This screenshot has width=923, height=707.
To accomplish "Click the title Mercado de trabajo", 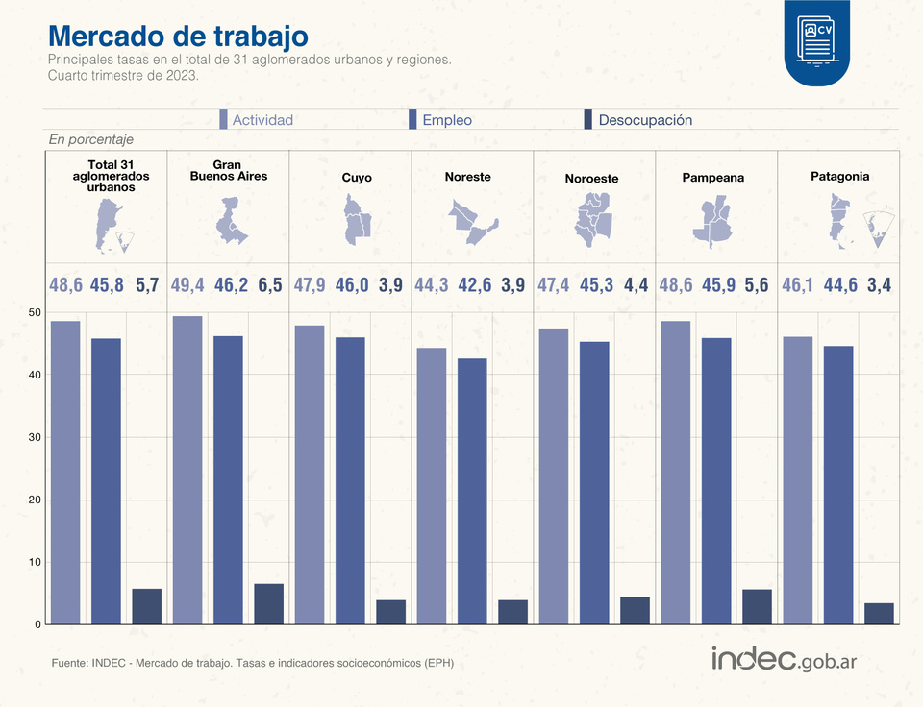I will (178, 36).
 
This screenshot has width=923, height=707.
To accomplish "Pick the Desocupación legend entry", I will (637, 120).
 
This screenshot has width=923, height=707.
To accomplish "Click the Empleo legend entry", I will (440, 120).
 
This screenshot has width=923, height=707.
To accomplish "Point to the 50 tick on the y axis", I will (35, 313).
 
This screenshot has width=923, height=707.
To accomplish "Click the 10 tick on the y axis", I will (35, 562).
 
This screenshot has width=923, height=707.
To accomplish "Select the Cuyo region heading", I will (357, 178).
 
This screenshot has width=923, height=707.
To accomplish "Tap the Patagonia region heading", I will (839, 177).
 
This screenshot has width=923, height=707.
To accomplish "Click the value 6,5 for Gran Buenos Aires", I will (270, 285).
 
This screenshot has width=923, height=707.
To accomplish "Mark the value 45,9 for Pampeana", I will (716, 285).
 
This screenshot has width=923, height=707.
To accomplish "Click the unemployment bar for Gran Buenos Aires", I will (269, 603).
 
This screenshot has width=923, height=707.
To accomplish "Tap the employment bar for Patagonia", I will (838, 485).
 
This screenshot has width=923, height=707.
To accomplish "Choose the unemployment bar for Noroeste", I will (635, 610).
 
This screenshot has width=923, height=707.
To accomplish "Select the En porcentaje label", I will (90, 140).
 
